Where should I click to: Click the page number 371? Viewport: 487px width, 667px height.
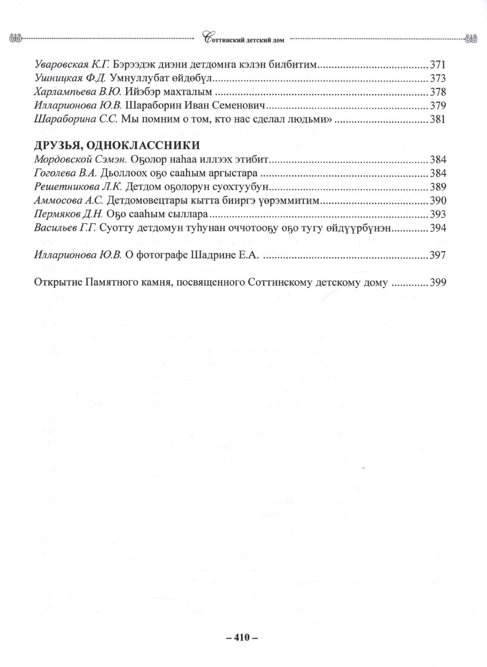click(x=438, y=65)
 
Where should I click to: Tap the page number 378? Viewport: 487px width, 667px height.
click(x=438, y=92)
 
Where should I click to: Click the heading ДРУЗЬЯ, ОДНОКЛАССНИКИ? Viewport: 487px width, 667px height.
click(x=117, y=145)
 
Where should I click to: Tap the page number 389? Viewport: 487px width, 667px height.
click(x=438, y=186)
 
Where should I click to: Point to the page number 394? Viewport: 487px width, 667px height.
click(x=438, y=228)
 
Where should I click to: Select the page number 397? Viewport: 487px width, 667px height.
click(x=438, y=255)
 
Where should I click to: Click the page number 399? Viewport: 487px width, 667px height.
click(x=438, y=283)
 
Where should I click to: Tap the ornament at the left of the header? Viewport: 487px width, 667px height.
click(x=15, y=39)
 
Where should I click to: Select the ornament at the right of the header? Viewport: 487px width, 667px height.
click(x=471, y=39)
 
